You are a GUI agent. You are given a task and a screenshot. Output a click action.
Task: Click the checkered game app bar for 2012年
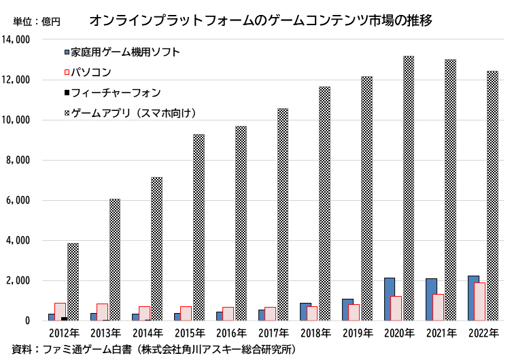click(x=73, y=282)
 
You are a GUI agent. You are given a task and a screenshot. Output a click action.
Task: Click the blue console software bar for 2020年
click(x=390, y=299)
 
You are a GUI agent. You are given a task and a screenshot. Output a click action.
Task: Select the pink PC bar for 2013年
click(x=103, y=312)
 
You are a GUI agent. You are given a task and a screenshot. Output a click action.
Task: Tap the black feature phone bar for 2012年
click(x=64, y=318)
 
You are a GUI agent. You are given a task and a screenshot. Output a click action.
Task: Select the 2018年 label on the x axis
click(x=315, y=333)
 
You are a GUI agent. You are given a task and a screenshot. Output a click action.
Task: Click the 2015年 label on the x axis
click(x=190, y=333)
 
